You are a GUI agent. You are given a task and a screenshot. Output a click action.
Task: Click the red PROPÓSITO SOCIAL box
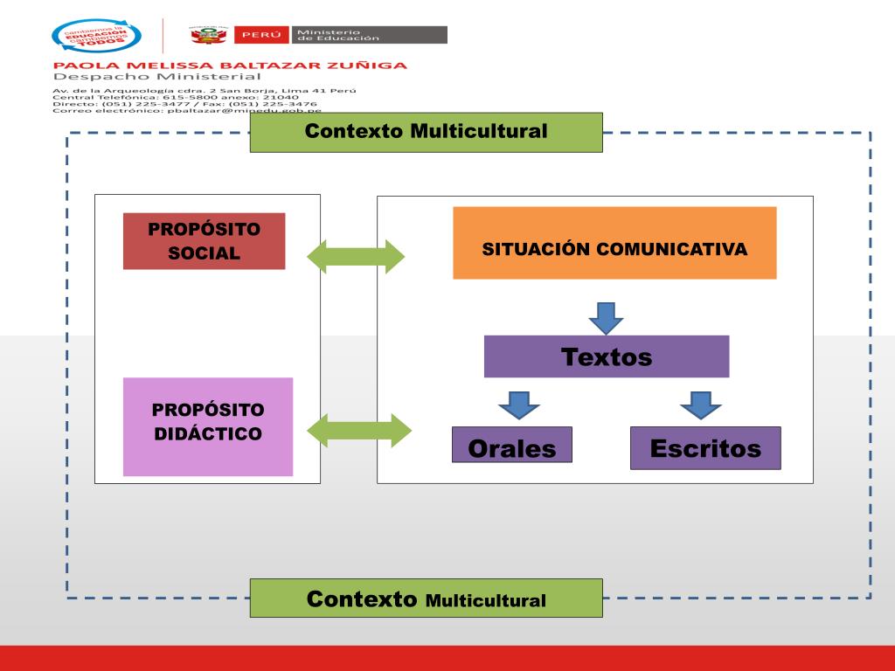click(204, 241)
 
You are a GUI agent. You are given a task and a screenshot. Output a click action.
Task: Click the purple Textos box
click(607, 356)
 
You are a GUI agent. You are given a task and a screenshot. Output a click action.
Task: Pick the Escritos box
click(704, 448)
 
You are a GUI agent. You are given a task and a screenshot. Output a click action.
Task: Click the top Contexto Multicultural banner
click(426, 132)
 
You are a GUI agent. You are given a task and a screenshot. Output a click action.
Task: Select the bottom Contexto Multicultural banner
click(426, 598)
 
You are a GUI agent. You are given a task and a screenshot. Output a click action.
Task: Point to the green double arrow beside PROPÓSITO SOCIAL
click(357, 255)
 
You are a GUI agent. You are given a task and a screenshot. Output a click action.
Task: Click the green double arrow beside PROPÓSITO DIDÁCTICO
click(358, 430)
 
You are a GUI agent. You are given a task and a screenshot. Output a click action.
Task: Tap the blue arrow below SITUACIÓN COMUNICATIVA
click(606, 318)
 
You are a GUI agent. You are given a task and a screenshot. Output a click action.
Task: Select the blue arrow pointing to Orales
click(519, 405)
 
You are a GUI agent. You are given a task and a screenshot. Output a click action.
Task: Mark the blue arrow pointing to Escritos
click(700, 405)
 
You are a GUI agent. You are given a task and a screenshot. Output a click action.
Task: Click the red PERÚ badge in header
click(261, 35)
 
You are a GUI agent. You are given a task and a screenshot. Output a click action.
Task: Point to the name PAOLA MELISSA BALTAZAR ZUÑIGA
click(230, 65)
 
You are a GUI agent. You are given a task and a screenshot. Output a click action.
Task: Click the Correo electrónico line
click(187, 111)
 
